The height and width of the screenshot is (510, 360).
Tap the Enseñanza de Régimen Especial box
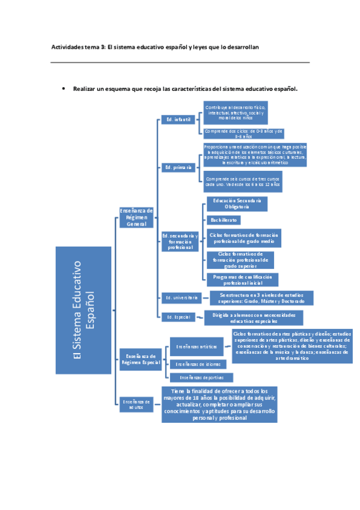(139, 358)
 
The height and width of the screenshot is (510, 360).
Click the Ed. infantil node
(176, 120)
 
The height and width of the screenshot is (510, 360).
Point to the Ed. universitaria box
(181, 297)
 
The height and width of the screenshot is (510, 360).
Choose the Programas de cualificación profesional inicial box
(243, 279)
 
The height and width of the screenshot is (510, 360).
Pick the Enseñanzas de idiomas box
(198, 364)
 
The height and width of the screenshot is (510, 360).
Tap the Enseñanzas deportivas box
(197, 377)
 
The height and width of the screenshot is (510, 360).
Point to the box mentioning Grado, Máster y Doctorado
(257, 298)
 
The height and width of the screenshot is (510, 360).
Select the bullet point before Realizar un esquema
(64, 88)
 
